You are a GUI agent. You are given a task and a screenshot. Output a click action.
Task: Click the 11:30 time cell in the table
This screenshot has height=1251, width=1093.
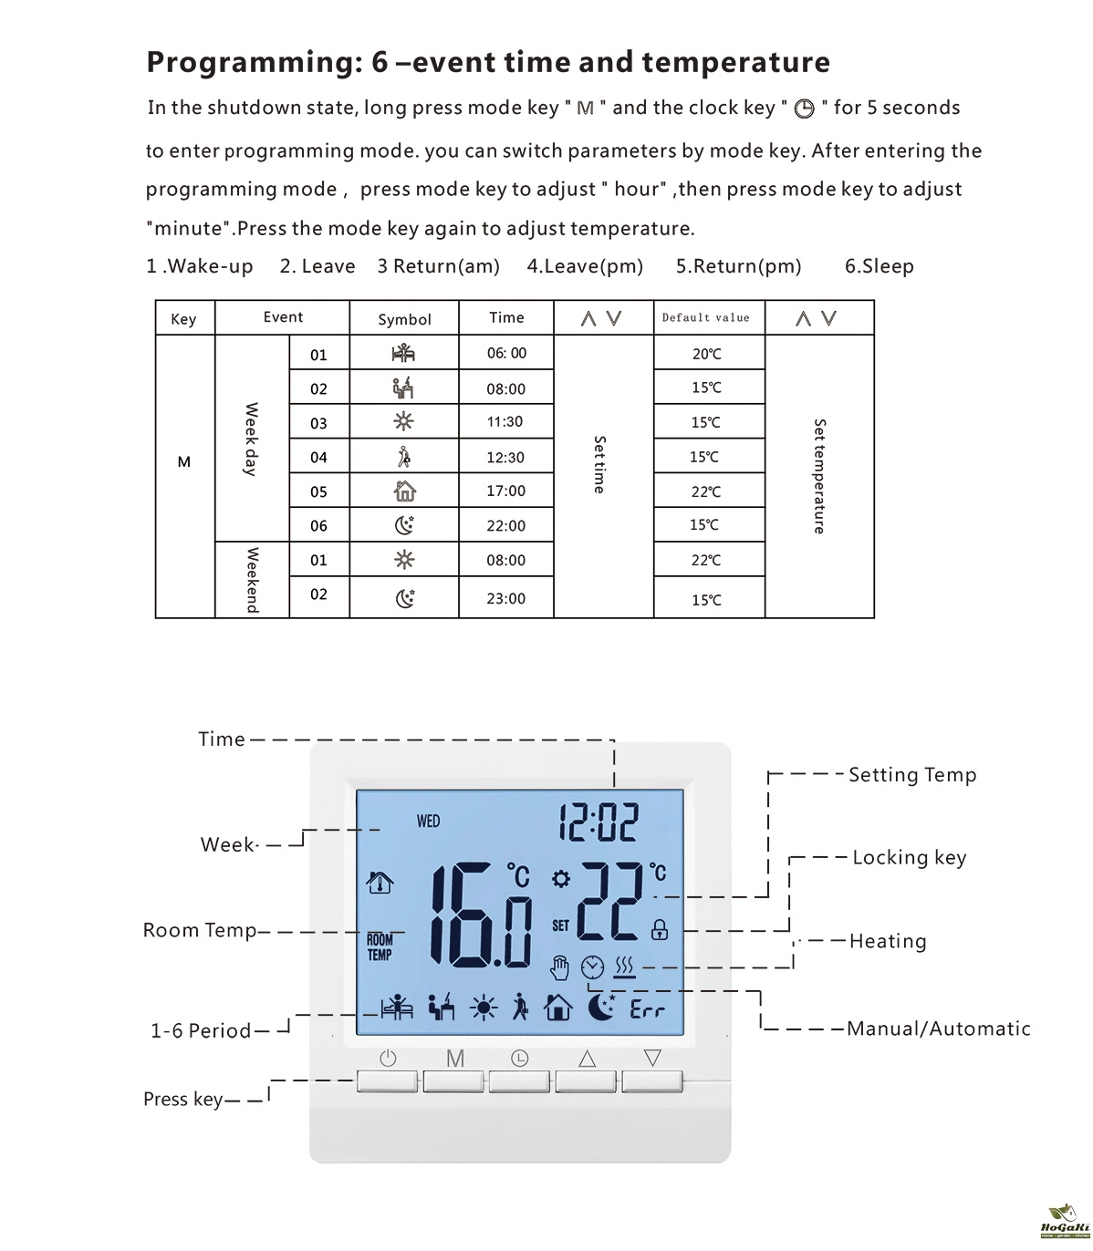505,422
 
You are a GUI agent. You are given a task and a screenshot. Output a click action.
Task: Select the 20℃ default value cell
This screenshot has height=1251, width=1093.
706,354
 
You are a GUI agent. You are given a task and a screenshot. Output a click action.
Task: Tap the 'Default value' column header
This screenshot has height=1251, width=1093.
706,318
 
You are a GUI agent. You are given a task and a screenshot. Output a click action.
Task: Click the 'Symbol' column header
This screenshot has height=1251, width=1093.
404,319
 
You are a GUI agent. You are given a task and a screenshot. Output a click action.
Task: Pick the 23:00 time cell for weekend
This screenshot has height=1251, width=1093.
505,598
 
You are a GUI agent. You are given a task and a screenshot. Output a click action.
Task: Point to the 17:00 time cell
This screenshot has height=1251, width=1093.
505,491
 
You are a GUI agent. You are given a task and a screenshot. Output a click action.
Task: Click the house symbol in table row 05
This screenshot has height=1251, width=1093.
404,491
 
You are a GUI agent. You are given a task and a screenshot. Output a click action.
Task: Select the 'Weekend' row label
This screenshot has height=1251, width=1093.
252,580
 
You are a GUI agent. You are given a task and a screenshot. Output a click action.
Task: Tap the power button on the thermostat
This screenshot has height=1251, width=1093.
388,1080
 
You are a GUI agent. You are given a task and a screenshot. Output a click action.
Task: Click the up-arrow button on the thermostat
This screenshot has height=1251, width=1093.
587,1080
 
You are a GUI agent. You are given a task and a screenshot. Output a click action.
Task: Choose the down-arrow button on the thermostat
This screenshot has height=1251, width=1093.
652,1080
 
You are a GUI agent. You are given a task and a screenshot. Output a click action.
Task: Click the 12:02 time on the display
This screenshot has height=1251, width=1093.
599,822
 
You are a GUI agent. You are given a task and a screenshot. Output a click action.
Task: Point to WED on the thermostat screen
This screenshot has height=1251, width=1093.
428,822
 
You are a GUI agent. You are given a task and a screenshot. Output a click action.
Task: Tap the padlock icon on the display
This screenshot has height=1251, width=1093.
659,930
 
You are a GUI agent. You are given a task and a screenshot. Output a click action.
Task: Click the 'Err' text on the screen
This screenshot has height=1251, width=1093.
648,1010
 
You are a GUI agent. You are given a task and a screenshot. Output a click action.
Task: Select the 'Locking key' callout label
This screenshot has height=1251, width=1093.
909,858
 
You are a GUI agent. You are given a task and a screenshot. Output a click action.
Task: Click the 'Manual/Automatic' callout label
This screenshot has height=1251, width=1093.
938,1029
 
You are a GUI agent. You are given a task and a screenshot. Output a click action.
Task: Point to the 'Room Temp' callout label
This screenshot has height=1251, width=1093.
200,931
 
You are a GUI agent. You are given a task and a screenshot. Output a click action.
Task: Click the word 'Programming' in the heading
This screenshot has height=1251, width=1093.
242,62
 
